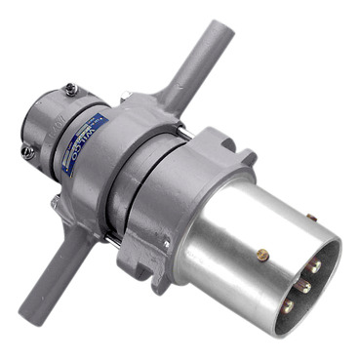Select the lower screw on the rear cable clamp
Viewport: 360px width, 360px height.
[x=28, y=151]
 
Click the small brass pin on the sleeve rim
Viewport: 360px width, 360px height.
[x=310, y=217]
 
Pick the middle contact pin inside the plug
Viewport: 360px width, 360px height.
[x=304, y=286]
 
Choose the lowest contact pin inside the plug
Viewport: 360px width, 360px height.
[x=288, y=306]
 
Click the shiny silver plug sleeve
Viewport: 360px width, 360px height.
[x=234, y=234]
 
